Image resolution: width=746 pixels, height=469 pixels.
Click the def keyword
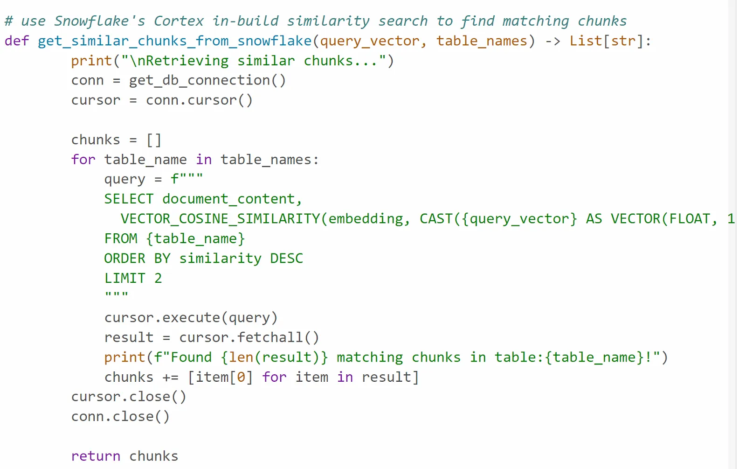(17, 41)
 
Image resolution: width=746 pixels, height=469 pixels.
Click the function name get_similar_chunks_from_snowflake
(174, 41)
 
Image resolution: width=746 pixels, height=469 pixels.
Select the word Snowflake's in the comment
(99, 21)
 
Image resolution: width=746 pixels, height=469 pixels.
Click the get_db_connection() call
(207, 80)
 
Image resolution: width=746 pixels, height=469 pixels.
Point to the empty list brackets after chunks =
(154, 140)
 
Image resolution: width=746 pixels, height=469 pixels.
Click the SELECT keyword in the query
(129, 199)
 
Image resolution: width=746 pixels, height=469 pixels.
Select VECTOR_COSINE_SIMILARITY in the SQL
(220, 219)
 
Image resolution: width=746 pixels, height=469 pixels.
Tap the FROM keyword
(121, 239)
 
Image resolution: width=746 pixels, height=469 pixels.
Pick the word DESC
(286, 259)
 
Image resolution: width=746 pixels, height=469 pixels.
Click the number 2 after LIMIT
(158, 279)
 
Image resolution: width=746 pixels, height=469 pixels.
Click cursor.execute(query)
(191, 318)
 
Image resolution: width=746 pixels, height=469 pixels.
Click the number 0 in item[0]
(241, 377)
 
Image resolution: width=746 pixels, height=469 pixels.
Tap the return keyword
(96, 456)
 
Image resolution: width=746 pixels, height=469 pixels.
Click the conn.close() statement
(120, 416)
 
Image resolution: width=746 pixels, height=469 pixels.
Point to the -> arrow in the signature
(553, 41)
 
